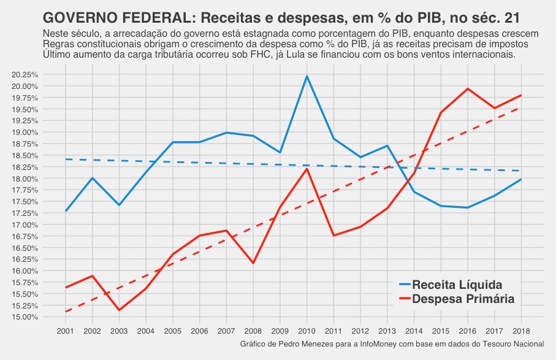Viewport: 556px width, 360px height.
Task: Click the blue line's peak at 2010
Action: pos(307,76)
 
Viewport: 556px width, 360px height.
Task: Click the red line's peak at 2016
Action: pos(468,89)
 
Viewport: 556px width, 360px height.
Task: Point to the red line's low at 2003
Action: pos(119,310)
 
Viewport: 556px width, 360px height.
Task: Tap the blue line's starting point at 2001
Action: pos(65,211)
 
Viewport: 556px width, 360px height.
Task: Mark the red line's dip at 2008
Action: pos(253,263)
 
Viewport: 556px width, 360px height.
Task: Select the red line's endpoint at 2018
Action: pos(521,95)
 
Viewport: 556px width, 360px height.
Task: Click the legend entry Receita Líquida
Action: pos(457,285)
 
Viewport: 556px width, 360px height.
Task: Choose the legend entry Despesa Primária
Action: pos(463,299)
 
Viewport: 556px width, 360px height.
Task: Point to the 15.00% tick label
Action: pos(25,317)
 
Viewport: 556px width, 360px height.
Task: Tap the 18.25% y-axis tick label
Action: pos(25,167)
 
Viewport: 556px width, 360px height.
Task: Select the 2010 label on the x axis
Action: pos(307,331)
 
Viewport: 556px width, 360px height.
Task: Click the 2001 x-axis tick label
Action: pos(65,331)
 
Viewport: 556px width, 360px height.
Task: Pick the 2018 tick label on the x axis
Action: pos(521,331)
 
